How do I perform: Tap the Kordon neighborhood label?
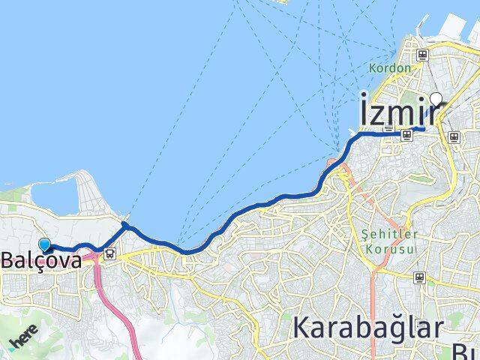pos(390,68)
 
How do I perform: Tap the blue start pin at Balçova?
pos(44,244)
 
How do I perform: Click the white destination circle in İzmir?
pos(434,97)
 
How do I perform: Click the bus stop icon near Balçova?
pos(110,253)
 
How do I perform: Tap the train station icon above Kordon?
pos(423,55)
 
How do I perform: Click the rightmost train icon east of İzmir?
pos(453,136)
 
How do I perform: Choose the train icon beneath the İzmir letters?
pos(406,135)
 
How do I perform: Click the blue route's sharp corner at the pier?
pos(124,224)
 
